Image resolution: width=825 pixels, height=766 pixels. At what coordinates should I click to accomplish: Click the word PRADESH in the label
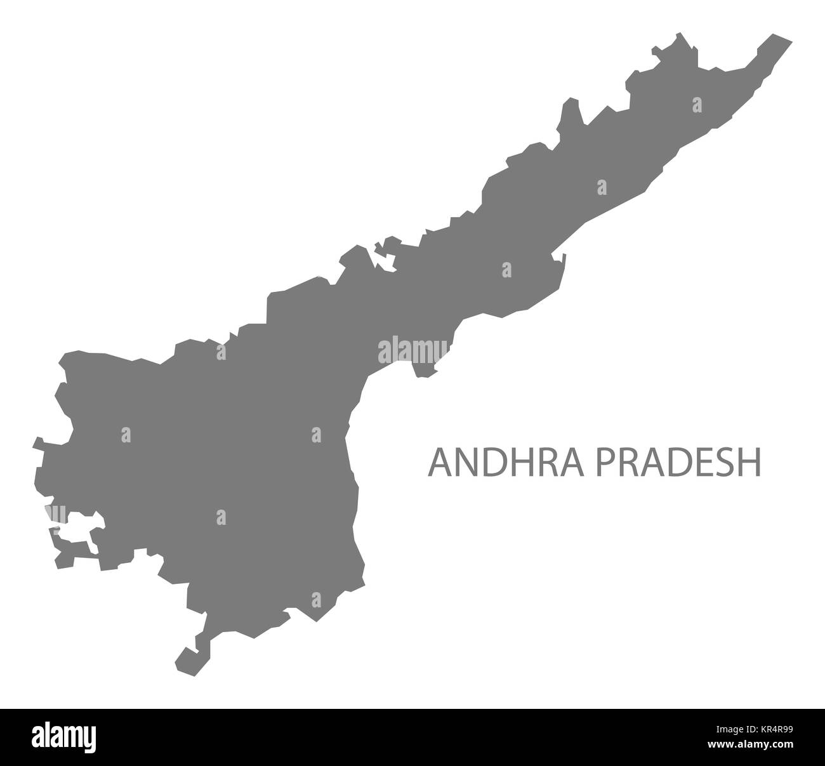click(x=676, y=462)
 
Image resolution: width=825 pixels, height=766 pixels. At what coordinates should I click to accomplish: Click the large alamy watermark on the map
click(x=412, y=351)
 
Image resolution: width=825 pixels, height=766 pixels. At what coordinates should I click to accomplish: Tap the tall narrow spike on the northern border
click(x=572, y=111)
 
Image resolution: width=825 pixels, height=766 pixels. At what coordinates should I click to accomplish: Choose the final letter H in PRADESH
click(x=750, y=462)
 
